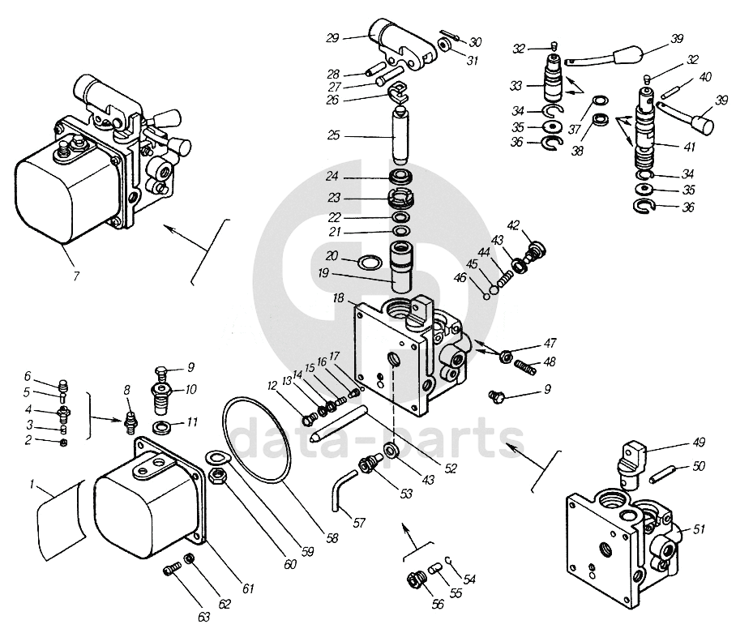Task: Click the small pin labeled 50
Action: pos(661,473)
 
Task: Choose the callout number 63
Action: pos(204,617)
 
